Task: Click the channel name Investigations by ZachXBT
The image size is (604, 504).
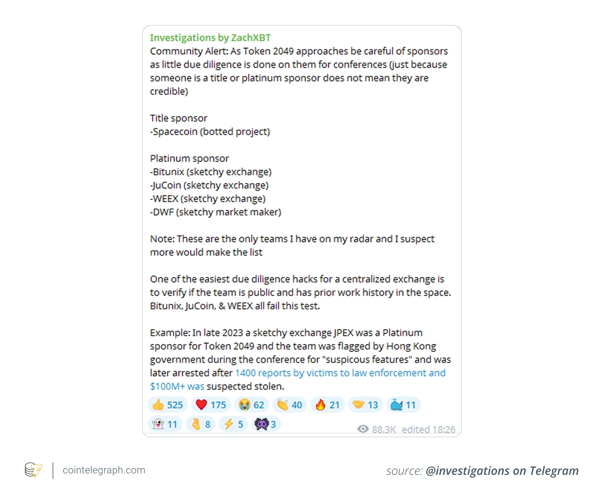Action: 210,38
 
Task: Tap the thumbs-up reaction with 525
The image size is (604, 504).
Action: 167,405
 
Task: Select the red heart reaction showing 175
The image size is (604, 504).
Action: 211,405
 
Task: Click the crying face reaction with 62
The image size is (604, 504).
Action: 252,405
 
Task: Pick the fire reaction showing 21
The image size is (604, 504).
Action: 327,405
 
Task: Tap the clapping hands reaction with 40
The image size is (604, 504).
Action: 290,405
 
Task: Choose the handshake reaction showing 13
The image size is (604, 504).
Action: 365,405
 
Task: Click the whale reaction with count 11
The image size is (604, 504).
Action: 403,405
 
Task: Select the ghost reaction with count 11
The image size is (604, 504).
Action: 165,424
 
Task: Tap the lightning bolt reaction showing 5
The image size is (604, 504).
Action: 234,424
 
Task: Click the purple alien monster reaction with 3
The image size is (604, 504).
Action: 265,424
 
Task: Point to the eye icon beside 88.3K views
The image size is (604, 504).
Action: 363,429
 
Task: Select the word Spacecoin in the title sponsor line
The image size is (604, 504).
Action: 175,132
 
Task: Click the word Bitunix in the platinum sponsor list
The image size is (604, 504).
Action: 168,172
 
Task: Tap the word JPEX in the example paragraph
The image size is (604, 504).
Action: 343,333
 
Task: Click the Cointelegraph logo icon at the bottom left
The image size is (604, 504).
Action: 33,470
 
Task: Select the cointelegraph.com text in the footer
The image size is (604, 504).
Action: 104,470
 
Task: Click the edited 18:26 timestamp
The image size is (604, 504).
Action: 428,429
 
